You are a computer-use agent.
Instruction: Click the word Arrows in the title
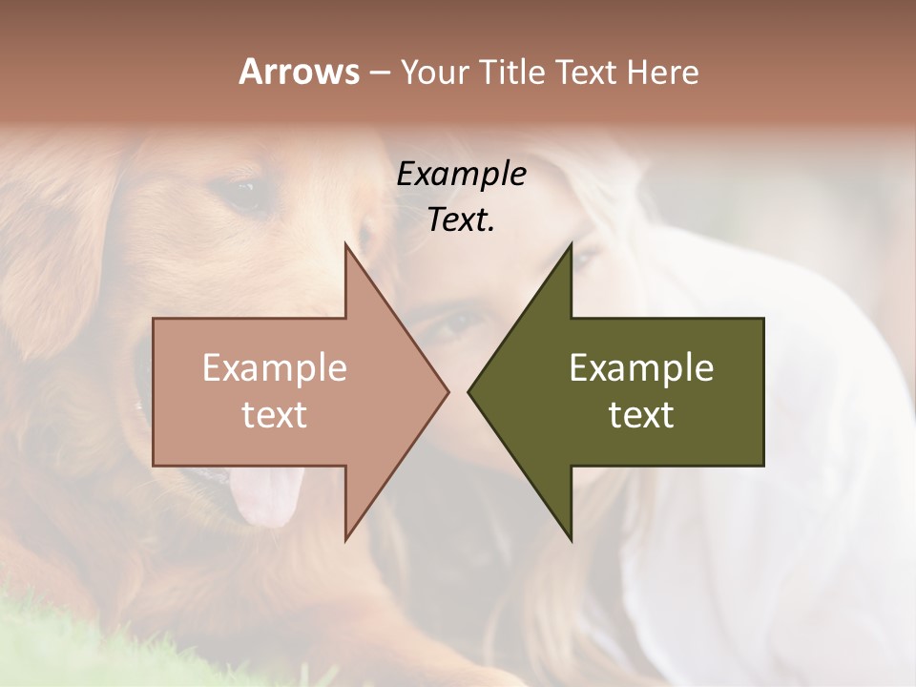tap(298, 72)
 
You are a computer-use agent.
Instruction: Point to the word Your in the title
tap(435, 73)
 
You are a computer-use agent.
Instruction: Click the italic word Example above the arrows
tap(461, 174)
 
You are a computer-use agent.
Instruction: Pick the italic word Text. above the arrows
tap(461, 220)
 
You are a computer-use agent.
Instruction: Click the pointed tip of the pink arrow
tap(448, 391)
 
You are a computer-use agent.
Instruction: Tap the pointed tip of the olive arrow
tap(468, 391)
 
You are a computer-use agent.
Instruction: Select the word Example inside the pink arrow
tap(275, 368)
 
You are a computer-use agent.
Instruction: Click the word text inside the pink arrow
tap(275, 415)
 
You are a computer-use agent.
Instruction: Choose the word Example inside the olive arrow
tap(641, 368)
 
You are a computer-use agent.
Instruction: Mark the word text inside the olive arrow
tap(641, 415)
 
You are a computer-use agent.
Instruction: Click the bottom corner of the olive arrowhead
tap(571, 540)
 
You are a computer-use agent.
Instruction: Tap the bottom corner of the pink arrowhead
tap(345, 540)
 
